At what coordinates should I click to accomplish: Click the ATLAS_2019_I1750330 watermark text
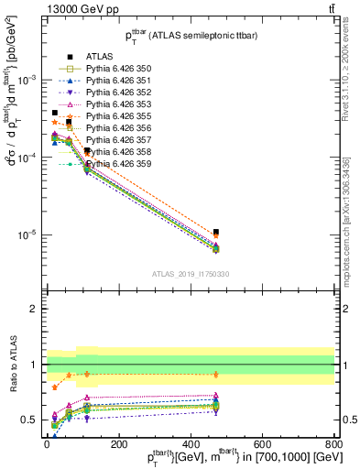191,274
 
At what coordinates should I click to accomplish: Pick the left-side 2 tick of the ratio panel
33,309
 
